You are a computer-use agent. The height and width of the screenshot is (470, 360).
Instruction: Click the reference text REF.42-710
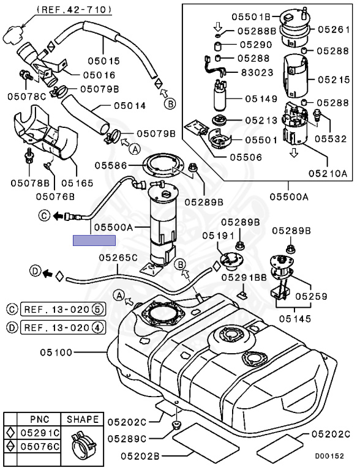coord(74,9)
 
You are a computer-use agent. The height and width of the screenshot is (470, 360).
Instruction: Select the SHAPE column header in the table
coord(83,420)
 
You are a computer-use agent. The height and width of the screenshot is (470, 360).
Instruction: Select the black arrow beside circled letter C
coord(58,215)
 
